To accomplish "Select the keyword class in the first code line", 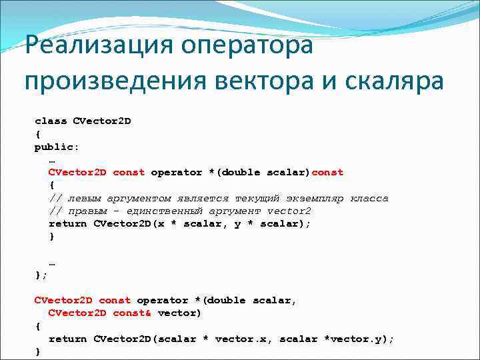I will click(x=51, y=121).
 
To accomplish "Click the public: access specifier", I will click(x=55, y=147).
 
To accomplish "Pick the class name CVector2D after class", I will click(x=101, y=121).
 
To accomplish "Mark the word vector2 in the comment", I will click(x=289, y=211).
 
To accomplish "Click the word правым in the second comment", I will click(x=87, y=211).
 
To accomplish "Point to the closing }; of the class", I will click(x=41, y=275).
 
